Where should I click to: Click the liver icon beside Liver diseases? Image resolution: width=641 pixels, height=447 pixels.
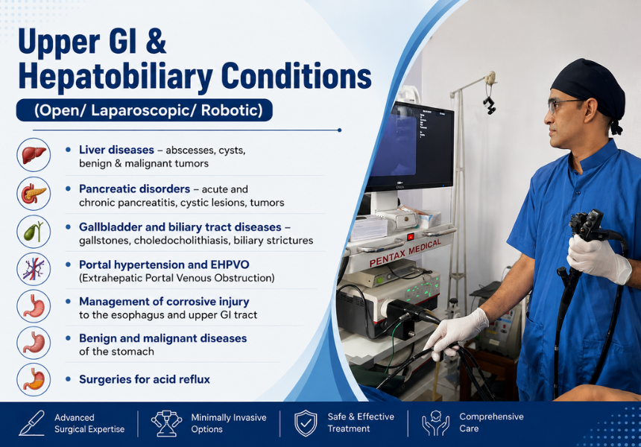(x=34, y=155)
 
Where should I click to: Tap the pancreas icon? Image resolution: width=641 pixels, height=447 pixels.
(x=34, y=193)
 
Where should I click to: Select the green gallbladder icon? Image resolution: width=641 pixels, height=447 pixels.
(x=34, y=231)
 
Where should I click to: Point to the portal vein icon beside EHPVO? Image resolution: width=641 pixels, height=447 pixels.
(x=34, y=269)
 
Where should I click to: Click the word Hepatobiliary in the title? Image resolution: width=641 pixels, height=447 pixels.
(x=115, y=77)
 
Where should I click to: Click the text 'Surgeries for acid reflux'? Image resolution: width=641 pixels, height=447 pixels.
(x=145, y=379)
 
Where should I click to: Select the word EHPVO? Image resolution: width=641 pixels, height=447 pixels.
(x=230, y=264)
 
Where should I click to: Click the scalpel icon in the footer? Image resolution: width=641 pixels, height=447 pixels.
(x=31, y=423)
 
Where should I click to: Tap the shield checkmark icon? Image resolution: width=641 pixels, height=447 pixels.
(x=306, y=423)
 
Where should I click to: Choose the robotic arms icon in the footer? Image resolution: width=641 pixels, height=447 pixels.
(x=166, y=423)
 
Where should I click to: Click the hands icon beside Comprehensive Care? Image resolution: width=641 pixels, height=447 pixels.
(x=435, y=423)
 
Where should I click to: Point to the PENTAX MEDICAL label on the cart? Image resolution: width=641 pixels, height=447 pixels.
(x=405, y=253)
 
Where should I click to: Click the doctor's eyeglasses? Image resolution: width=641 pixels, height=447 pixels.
(x=563, y=104)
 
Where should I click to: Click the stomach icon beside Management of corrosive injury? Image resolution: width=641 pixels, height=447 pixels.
(x=34, y=306)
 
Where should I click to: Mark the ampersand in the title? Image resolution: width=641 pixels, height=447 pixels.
(x=156, y=41)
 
